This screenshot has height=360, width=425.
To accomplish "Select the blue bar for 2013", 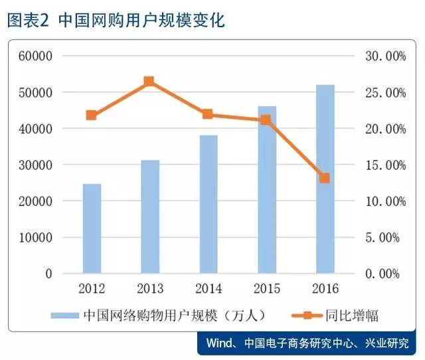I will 150,216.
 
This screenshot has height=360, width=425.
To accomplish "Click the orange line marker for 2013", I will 149,82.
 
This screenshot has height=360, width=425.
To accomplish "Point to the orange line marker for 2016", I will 324,178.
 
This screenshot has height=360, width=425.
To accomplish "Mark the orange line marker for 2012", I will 92,115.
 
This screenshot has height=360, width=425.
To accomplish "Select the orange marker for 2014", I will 207,114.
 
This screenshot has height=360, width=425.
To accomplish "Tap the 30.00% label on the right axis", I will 383,56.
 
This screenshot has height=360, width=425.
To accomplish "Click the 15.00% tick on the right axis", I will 383,165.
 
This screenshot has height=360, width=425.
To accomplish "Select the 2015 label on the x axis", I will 266,288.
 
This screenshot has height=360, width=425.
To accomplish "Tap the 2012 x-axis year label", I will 92,288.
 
